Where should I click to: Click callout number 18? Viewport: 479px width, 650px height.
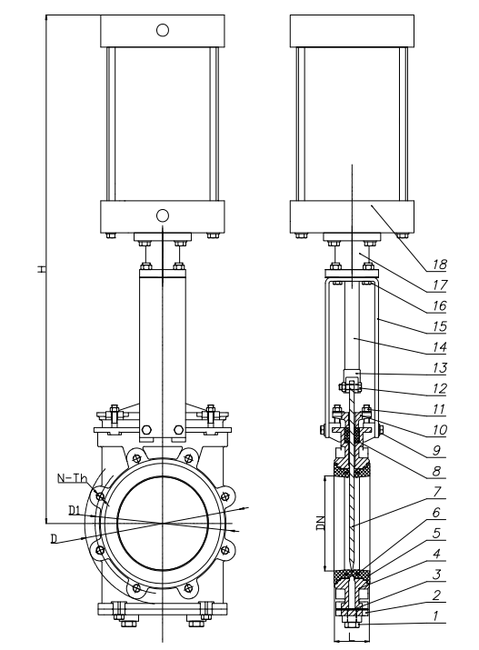coord(440,265)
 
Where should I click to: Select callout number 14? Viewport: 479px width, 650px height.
coord(440,347)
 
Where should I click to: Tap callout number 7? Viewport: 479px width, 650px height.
coord(436,492)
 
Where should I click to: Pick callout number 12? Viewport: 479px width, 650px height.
coord(440,388)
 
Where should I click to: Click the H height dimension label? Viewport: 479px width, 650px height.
coord(41,268)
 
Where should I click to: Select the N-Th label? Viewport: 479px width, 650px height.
coord(72,478)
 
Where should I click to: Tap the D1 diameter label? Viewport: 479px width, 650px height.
coord(75,510)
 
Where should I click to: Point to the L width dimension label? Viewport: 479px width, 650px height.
coord(350,635)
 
